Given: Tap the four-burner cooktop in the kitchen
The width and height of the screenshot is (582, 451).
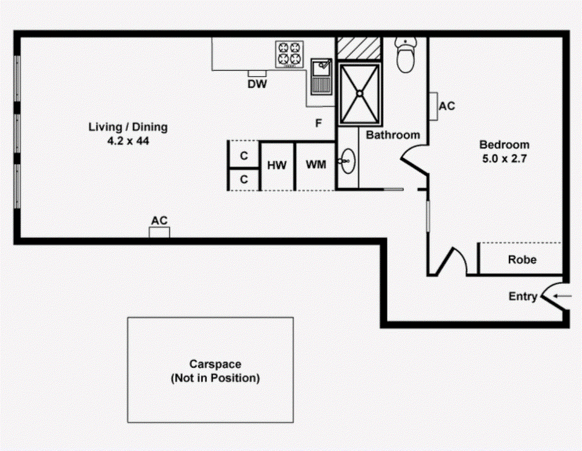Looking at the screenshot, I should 289,54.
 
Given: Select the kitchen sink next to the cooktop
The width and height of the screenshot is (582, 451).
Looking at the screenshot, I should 321,75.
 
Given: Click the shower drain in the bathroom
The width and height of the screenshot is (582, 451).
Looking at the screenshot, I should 359,93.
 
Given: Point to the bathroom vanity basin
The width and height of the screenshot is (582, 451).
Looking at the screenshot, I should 347,162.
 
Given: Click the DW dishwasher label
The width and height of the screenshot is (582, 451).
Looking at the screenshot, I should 257,84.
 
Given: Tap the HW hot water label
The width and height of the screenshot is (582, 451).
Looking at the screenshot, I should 277,165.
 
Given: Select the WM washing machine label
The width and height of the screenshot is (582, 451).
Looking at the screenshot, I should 316,165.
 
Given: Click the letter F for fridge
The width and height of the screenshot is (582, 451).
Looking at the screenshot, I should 319,123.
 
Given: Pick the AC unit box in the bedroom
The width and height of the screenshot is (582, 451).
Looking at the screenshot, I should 433,106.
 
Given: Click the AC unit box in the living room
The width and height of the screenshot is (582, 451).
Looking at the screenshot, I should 159,232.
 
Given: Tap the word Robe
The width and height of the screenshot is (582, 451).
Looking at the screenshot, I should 522,260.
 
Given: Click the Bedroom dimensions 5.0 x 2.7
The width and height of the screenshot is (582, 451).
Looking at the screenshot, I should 504,159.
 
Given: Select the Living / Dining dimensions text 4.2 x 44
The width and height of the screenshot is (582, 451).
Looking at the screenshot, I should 128,140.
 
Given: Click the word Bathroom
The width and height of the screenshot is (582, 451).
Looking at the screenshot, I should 393,135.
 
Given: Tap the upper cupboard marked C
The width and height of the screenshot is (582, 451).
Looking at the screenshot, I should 244,156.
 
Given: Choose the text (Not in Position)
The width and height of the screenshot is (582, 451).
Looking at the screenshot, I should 215,378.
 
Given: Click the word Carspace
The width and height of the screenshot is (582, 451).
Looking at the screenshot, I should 215,364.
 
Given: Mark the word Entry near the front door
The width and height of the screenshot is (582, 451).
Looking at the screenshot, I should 523,297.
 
